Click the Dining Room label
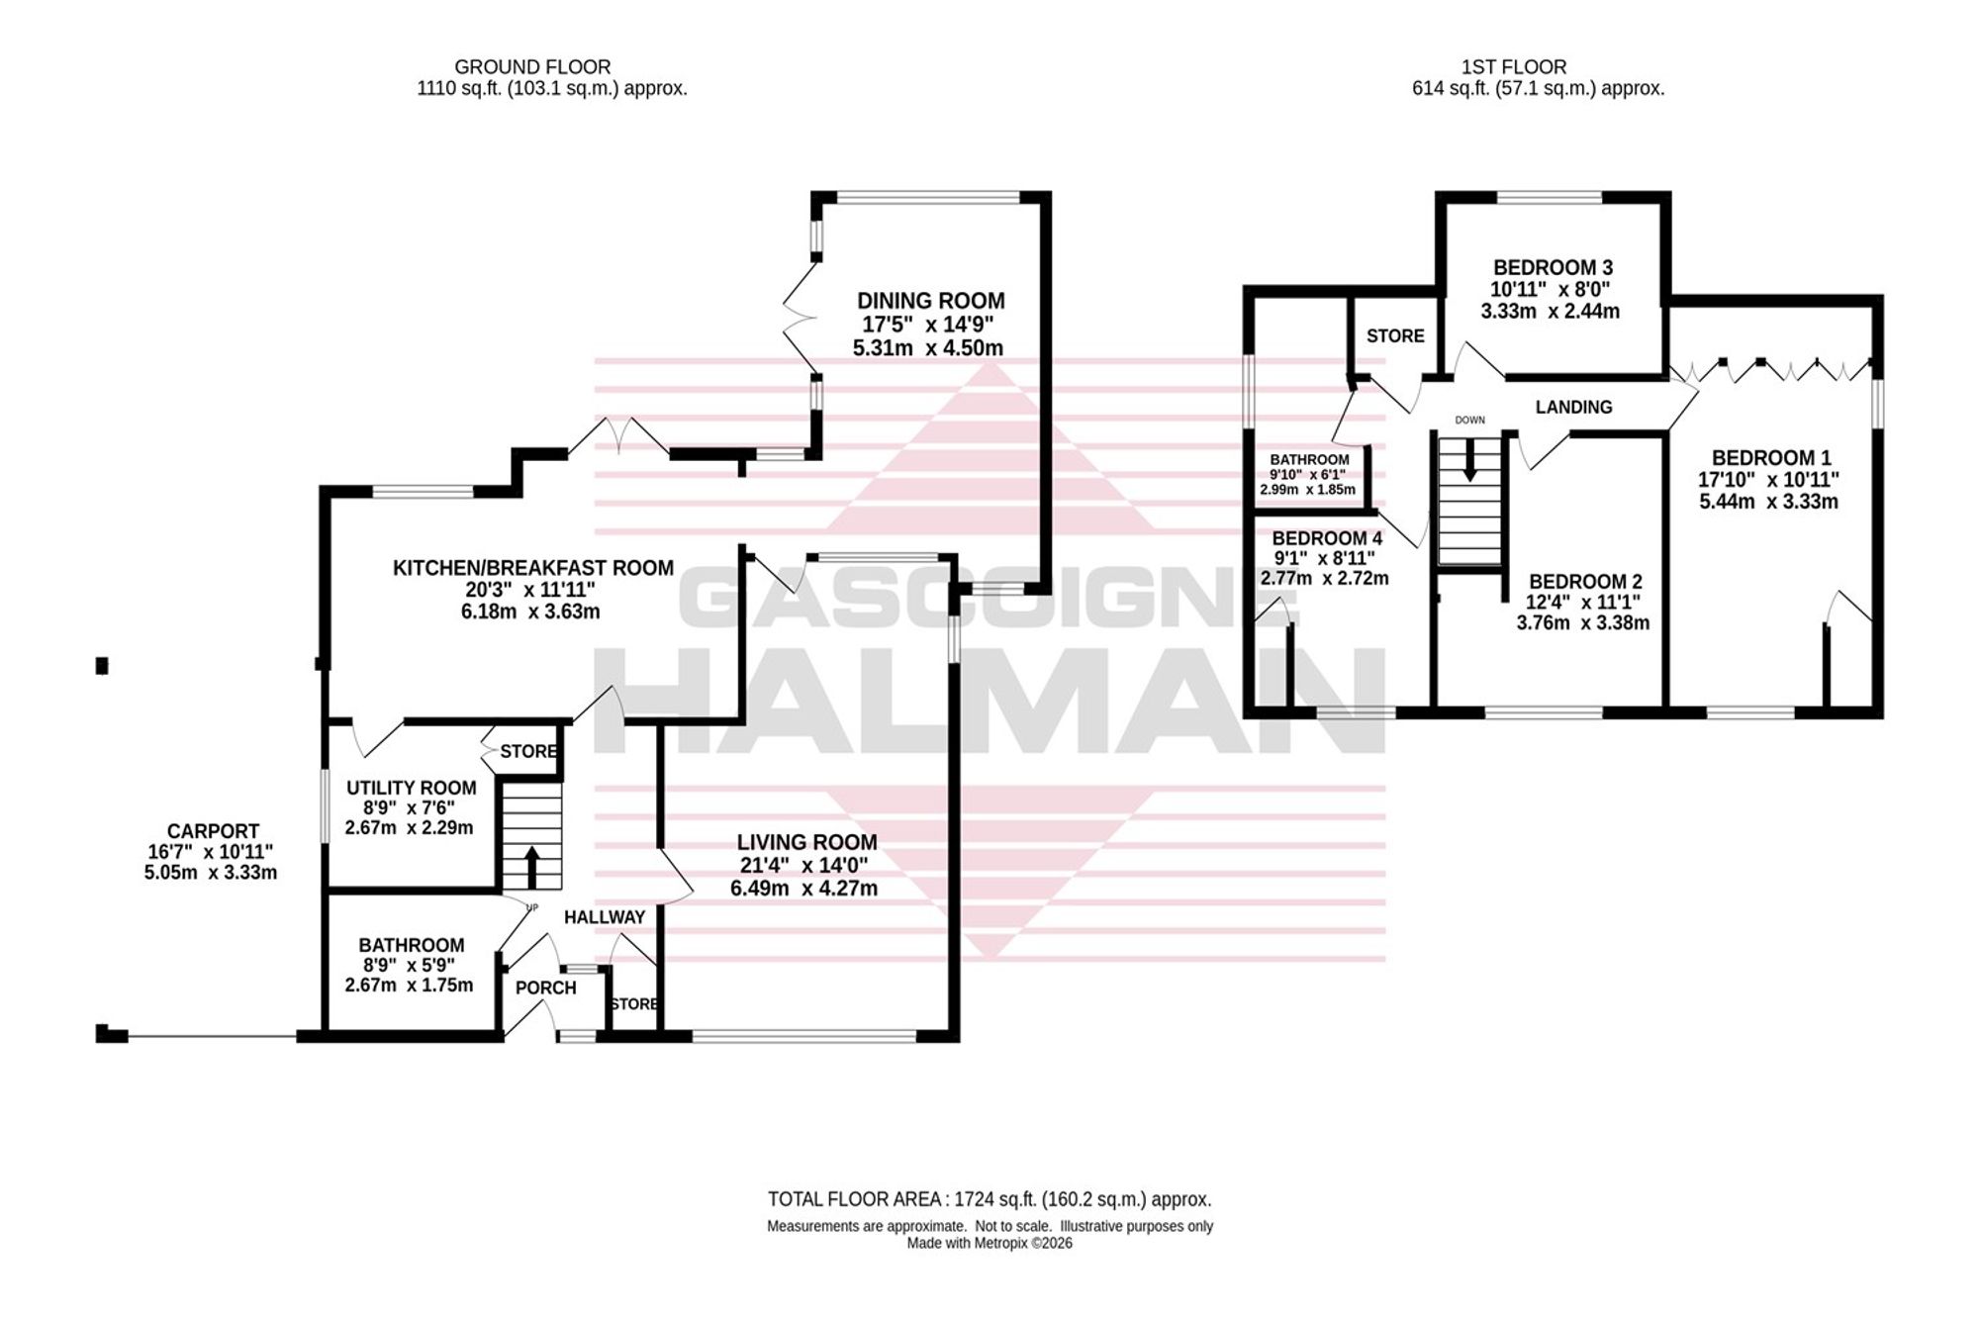point(930,301)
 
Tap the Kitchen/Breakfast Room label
point(533,568)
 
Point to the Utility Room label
point(411,788)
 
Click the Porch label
point(545,988)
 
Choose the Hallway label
point(604,917)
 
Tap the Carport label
point(213,831)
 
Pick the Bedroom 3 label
point(1553,267)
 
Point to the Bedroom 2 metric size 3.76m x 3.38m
point(1583,623)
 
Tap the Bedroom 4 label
point(1327,538)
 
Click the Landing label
point(1573,407)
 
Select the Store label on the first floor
point(1395,336)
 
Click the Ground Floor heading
point(532,67)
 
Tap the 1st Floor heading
point(1514,67)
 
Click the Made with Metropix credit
point(989,1244)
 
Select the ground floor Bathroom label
point(411,945)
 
